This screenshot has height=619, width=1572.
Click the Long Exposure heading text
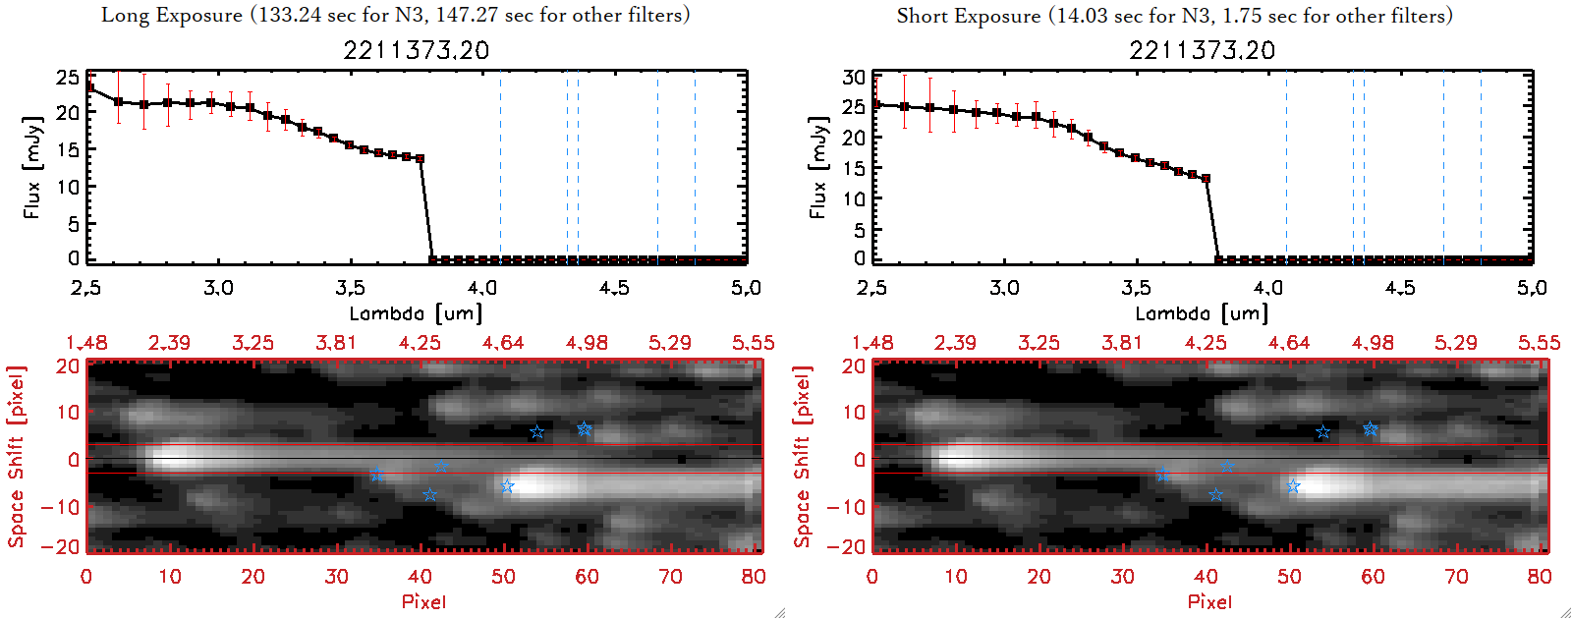(x=395, y=15)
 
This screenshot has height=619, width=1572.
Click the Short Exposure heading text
(x=1174, y=16)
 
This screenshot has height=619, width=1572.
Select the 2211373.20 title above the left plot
(x=416, y=50)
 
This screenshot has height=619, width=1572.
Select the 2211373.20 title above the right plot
(x=1202, y=50)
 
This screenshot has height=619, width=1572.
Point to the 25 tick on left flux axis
(x=67, y=77)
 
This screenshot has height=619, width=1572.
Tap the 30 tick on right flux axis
(x=853, y=77)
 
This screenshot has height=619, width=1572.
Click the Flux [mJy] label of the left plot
(x=32, y=167)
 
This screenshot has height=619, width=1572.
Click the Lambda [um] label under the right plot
(x=1202, y=313)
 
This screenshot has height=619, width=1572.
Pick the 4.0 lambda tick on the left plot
(x=481, y=288)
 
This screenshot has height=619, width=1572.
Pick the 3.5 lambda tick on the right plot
(x=1136, y=288)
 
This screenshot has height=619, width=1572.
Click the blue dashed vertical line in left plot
(x=578, y=167)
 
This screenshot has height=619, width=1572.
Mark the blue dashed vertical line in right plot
(x=1364, y=167)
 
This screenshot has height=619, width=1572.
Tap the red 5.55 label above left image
(x=753, y=343)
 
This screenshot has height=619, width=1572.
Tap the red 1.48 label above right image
(x=872, y=343)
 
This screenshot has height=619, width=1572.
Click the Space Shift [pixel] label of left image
(x=16, y=457)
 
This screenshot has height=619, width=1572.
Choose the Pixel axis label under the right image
(x=1209, y=601)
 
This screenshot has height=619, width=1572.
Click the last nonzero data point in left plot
(x=421, y=158)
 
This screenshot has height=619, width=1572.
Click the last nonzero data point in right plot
(x=1206, y=179)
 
